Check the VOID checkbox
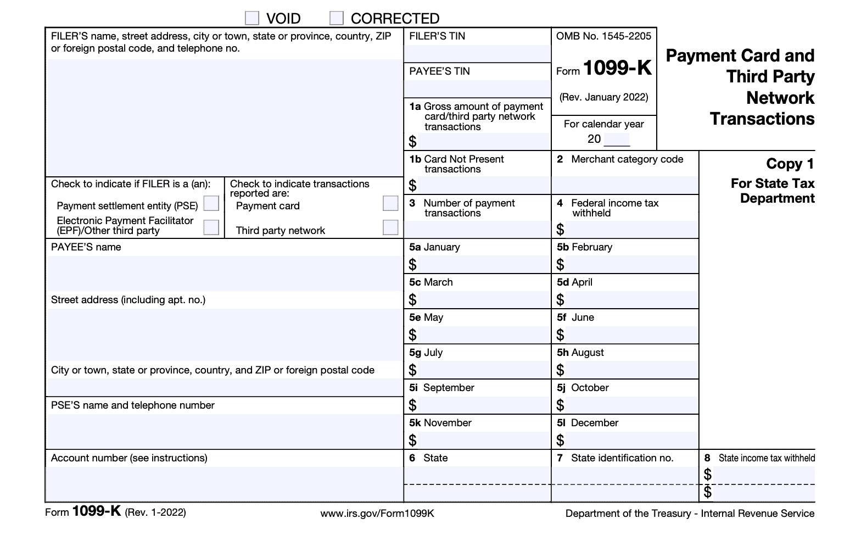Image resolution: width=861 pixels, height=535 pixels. click(x=252, y=18)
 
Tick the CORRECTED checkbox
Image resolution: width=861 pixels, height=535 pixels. click(x=336, y=18)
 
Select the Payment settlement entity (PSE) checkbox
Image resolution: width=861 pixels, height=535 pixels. click(x=211, y=204)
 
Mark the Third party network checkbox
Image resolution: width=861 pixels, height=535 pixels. click(x=390, y=227)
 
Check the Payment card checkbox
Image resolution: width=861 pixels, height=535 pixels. click(x=390, y=203)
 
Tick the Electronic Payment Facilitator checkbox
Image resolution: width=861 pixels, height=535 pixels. click(x=211, y=227)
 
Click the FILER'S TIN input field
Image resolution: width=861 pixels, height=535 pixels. click(x=477, y=53)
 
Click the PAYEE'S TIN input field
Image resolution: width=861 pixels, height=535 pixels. click(x=477, y=88)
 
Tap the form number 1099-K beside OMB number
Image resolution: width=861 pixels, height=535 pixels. click(x=617, y=68)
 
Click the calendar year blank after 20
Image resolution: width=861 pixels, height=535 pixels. click(x=617, y=140)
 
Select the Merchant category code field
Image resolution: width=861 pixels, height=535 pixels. click(x=625, y=185)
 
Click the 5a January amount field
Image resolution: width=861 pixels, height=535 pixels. click(x=483, y=265)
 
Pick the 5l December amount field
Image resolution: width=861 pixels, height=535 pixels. click(x=631, y=441)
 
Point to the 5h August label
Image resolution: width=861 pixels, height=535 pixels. click(x=580, y=353)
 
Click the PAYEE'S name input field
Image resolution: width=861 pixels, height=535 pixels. click(x=225, y=273)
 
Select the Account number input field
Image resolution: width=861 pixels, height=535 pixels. click(x=224, y=483)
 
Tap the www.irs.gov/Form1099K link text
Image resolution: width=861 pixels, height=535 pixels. click(x=377, y=514)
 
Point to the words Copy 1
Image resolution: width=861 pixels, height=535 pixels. click(x=790, y=164)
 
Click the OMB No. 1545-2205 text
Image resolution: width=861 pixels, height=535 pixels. click(x=603, y=36)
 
